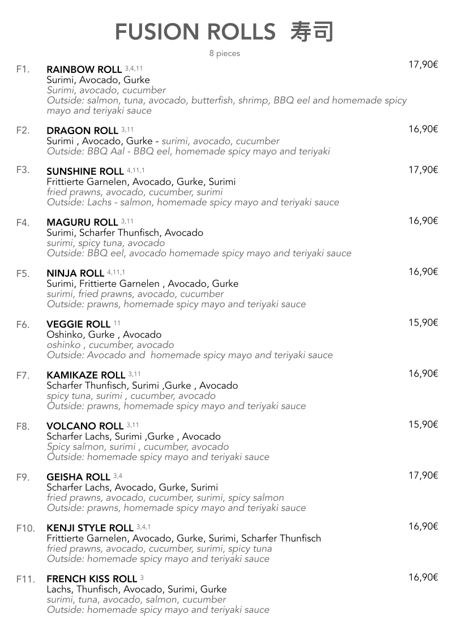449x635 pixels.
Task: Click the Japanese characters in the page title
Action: click(311, 32)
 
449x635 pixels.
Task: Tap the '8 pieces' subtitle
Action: click(224, 54)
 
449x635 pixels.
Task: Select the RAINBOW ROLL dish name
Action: click(84, 70)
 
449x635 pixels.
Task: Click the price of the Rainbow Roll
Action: click(423, 65)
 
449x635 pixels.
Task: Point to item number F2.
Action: click(23, 131)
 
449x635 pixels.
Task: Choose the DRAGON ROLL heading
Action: click(82, 131)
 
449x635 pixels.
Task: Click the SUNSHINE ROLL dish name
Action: click(85, 171)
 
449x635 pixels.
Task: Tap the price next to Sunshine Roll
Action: click(423, 170)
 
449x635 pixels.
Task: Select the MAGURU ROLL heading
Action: click(82, 222)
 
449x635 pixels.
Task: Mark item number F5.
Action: click(23, 273)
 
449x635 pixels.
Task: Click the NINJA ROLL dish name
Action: click(75, 273)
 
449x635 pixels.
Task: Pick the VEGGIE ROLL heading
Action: click(78, 324)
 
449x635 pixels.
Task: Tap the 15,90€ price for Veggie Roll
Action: click(423, 323)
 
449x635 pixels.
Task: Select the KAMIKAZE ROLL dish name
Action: click(85, 375)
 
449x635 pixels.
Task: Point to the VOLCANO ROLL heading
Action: click(85, 426)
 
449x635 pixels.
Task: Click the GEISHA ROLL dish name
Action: click(78, 477)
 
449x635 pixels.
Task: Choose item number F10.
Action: click(25, 528)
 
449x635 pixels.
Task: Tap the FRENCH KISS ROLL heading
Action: click(92, 579)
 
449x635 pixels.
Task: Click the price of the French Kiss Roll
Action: click(423, 577)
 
